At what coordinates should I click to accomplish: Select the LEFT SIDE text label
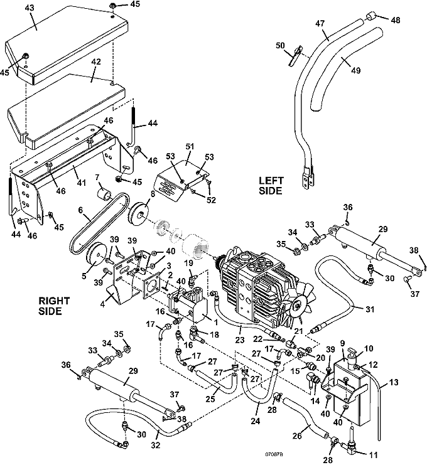[x=271, y=185]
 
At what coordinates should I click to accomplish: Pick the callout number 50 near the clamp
[x=280, y=45]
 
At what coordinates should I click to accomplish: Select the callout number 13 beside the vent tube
[x=393, y=382]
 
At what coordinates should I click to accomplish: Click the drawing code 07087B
[x=274, y=454]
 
